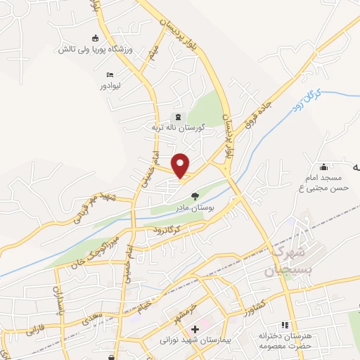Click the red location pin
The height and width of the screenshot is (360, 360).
(181, 165)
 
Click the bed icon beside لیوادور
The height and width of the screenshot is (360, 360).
(110, 74)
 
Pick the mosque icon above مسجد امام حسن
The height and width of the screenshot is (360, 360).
(323, 167)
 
